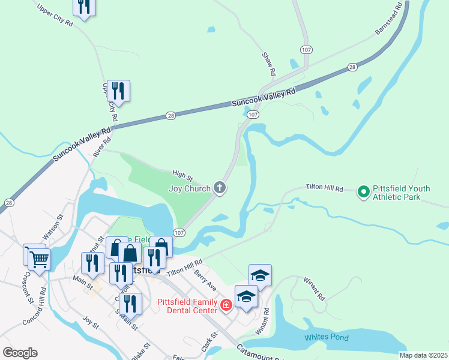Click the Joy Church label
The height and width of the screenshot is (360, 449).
coord(190,188)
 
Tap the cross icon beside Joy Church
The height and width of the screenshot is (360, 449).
coord(220,188)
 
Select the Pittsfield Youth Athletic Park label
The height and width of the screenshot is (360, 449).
coord(401,192)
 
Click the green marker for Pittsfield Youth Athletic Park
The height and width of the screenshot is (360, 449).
coord(363,192)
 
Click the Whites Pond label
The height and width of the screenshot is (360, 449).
coord(327,337)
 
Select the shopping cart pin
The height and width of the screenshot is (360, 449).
coord(39,259)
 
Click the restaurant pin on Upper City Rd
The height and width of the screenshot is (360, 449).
coord(118,91)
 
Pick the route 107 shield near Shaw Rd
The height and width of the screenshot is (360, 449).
coord(306,49)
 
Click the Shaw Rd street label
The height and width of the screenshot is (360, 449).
coord(269,64)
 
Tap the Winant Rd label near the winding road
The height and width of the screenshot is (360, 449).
coord(313,289)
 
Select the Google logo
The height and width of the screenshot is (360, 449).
coord(20,352)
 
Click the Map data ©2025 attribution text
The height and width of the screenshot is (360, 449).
coord(423,355)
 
